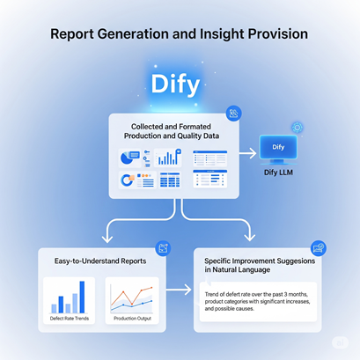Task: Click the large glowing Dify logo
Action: pyautogui.click(x=175, y=84)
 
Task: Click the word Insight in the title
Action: pyautogui.click(x=222, y=33)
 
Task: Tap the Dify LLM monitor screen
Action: pyautogui.click(x=278, y=147)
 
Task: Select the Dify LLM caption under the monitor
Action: pyautogui.click(x=278, y=173)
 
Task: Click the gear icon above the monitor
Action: pyautogui.click(x=298, y=128)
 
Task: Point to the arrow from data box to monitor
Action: pyautogui.click(x=248, y=153)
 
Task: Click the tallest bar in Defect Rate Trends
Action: pyautogui.click(x=82, y=297)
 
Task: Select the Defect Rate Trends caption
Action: pyautogui.click(x=70, y=319)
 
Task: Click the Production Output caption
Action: pyautogui.click(x=132, y=319)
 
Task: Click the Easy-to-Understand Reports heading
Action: pyautogui.click(x=100, y=261)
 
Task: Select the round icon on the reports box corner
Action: pyautogui.click(x=163, y=248)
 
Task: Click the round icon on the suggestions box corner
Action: pyautogui.click(x=319, y=248)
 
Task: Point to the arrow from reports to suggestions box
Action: pyautogui.click(x=179, y=290)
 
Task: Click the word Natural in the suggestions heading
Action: pyautogui.click(x=226, y=270)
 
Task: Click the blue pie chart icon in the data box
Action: pyautogui.click(x=126, y=158)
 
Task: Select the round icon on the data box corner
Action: pyautogui.click(x=234, y=114)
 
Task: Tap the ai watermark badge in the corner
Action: pyautogui.click(x=341, y=342)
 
